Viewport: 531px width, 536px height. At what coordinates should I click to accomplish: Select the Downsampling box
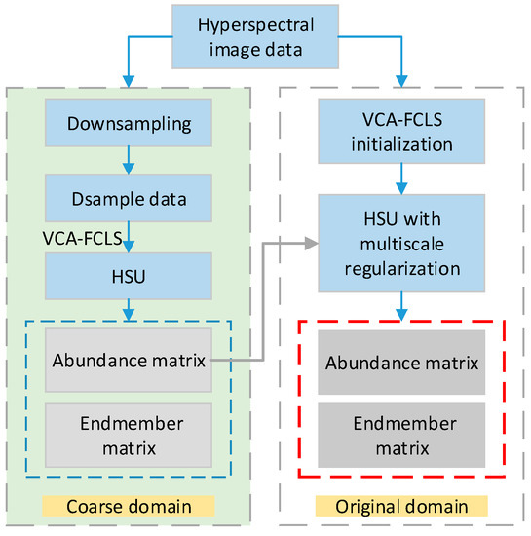tap(128, 125)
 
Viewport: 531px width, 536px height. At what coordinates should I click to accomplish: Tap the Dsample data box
tap(128, 199)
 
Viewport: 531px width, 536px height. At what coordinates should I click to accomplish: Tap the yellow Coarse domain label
tap(128, 507)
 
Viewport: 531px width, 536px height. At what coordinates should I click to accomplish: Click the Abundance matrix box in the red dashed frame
tap(403, 363)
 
